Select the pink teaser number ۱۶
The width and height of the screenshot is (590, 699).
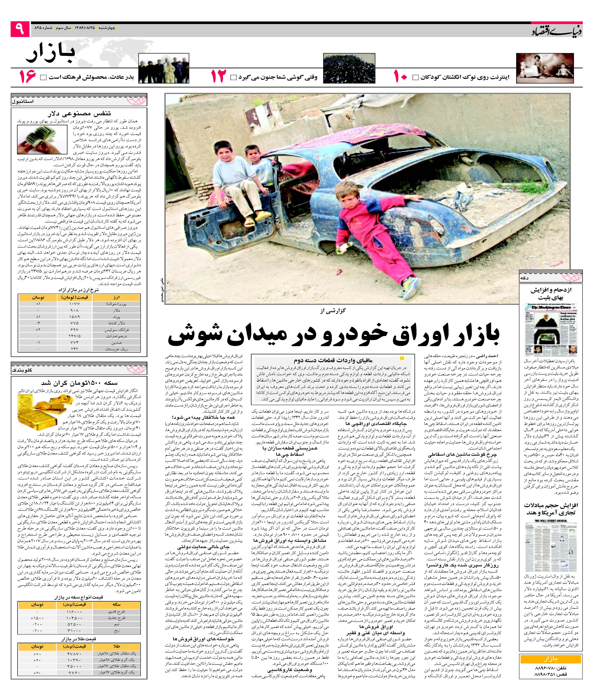28,77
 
